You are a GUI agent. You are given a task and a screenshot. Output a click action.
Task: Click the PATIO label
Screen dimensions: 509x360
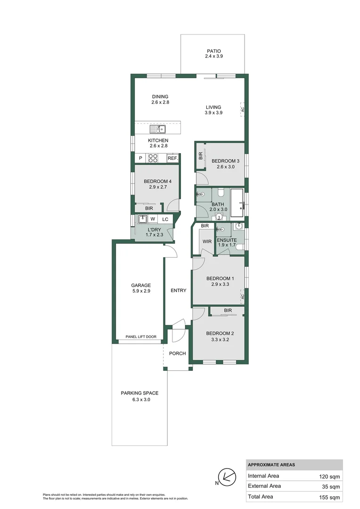(x=213, y=51)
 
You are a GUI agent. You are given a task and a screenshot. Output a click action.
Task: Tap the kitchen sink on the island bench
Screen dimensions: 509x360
(x=157, y=129)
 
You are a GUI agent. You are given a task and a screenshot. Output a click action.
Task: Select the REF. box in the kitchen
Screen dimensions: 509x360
(x=172, y=158)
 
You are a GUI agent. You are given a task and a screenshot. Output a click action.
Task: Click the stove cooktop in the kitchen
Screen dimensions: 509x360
(x=153, y=158)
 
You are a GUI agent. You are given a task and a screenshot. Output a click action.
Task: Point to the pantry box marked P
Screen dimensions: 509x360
(x=140, y=158)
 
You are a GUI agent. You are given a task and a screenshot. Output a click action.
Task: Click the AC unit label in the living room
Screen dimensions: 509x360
(x=243, y=109)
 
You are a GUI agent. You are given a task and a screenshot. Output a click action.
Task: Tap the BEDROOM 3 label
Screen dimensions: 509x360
(x=225, y=161)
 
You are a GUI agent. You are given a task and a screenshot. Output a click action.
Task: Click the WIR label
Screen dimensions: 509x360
(x=207, y=241)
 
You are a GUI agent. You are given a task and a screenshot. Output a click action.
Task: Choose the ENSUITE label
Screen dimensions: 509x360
(x=227, y=240)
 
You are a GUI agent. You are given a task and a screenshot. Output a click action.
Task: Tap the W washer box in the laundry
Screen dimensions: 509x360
(x=153, y=219)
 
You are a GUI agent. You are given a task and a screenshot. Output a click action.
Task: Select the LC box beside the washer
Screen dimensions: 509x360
(x=165, y=219)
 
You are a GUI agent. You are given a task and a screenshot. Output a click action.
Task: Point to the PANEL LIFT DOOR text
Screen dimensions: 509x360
(x=141, y=337)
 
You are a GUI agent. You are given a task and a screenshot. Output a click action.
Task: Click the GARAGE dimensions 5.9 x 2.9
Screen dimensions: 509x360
(x=141, y=291)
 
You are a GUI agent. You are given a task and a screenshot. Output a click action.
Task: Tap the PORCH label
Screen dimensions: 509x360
(x=178, y=353)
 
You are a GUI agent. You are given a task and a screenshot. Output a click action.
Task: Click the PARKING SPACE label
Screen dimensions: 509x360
(x=139, y=393)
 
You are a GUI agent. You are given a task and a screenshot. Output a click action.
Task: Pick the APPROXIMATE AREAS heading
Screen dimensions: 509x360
(x=271, y=465)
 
